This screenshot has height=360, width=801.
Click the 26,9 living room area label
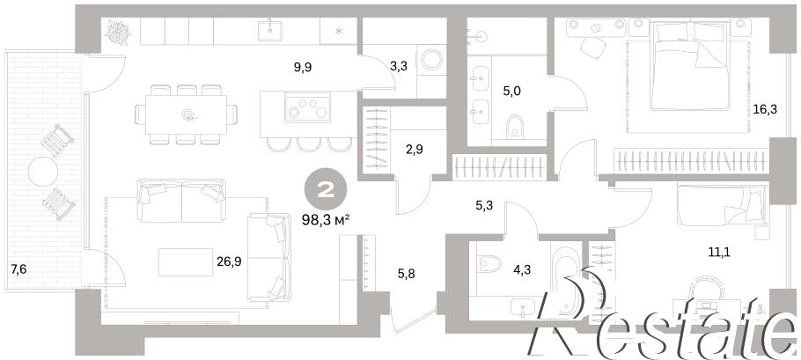pyautogui.click(x=229, y=262)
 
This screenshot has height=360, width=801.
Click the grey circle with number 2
pyautogui.click(x=326, y=191)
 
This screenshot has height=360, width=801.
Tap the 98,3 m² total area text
pyautogui.click(x=326, y=221)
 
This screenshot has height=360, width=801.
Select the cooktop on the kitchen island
pyautogui.click(x=307, y=107)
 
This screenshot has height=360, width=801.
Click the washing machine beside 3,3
pyautogui.click(x=432, y=59)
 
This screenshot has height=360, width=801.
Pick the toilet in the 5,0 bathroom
pyautogui.click(x=516, y=127)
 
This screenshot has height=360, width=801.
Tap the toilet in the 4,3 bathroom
pyautogui.click(x=488, y=263)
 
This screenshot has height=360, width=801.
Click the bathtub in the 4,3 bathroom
pyautogui.click(x=566, y=281)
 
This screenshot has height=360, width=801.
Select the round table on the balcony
pyautogui.click(x=43, y=172)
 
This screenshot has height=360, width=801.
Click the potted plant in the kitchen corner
pyautogui.click(x=118, y=33)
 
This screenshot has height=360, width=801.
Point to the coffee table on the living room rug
pyautogui.click(x=186, y=262)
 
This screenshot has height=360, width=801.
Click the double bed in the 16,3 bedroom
pyautogui.click(x=688, y=65)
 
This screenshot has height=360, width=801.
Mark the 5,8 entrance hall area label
pyautogui.click(x=407, y=275)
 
